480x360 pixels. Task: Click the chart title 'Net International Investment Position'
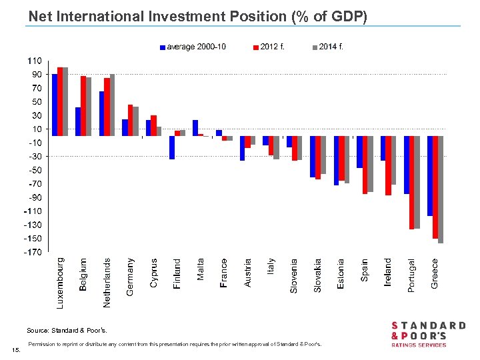[x=197, y=15]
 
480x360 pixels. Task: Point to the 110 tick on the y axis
[x=33, y=61]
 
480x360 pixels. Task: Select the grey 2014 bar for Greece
[x=441, y=189]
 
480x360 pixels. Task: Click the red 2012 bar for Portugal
[x=412, y=182]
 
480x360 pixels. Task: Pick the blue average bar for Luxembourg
[x=55, y=105]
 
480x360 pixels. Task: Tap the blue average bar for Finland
[x=172, y=147]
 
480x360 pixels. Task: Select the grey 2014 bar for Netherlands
[x=112, y=105]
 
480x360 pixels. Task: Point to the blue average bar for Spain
[x=359, y=152]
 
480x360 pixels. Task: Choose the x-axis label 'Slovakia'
[x=318, y=275]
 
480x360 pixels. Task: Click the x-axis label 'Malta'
[x=201, y=269]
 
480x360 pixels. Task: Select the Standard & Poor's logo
[x=427, y=333]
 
